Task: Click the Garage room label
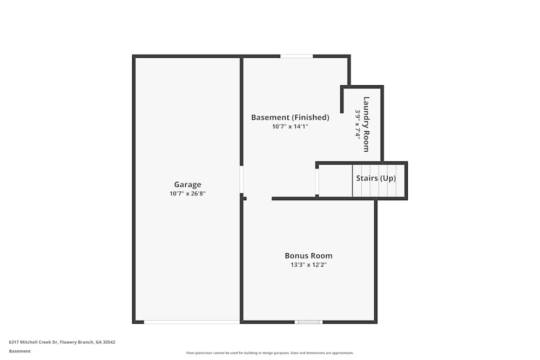(187, 185)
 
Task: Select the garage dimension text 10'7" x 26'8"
(187, 193)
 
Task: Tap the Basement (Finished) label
(290, 117)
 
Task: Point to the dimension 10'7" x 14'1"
(290, 126)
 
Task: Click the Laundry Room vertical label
(366, 124)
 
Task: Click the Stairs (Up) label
(376, 178)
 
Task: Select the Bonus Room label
(308, 256)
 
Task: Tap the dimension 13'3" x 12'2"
(308, 264)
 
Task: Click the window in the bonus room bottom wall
(308, 322)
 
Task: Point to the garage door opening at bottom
(192, 322)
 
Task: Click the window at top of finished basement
(296, 56)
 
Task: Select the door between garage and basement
(241, 179)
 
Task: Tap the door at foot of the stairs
(317, 182)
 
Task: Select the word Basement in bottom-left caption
(20, 351)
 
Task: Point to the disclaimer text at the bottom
(270, 353)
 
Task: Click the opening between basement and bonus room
(259, 199)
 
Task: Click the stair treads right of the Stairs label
(400, 181)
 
